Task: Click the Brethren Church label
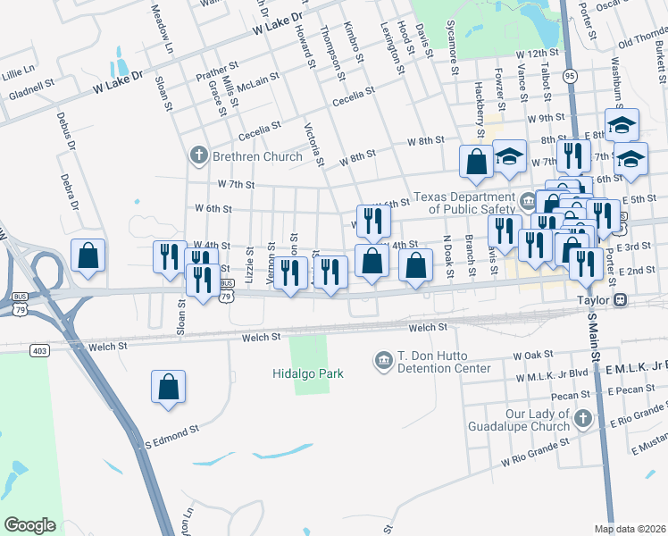point(257,156)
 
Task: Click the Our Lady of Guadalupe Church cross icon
point(582,418)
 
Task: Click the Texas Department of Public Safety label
point(464,203)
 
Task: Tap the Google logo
point(29,525)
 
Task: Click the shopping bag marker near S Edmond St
point(168,388)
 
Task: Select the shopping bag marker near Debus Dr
point(88,256)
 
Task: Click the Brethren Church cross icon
point(199,156)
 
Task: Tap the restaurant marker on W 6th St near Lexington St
point(370,220)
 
